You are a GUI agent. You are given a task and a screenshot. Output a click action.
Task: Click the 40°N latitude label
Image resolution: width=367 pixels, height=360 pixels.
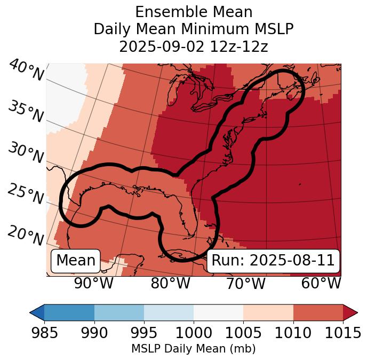click(26, 71)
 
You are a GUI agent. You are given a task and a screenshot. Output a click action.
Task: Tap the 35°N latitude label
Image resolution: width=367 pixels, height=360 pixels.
click(26, 112)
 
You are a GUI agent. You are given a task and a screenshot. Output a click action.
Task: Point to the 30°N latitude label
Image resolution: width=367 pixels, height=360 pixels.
click(26, 154)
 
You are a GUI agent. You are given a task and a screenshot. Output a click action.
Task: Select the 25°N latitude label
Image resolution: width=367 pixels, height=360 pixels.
click(26, 195)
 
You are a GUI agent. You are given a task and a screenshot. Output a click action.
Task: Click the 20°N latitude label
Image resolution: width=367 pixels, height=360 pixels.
click(26, 236)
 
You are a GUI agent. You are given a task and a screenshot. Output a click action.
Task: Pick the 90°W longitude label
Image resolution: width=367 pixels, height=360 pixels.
click(93, 283)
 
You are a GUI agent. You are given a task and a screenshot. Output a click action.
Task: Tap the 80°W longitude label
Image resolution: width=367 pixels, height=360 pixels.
click(171, 283)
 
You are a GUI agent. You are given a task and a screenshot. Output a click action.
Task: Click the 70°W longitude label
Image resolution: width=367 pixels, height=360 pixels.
click(245, 283)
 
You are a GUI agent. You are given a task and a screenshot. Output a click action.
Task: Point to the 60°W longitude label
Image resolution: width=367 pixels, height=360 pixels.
click(321, 283)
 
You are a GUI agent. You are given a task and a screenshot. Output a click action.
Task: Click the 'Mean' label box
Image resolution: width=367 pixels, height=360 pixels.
click(76, 261)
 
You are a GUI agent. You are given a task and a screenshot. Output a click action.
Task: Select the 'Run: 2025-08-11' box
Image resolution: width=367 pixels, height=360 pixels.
click(273, 261)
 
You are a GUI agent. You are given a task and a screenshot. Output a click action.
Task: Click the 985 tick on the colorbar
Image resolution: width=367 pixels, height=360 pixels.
click(44, 333)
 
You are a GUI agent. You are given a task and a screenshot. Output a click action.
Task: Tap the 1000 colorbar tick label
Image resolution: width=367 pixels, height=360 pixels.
click(194, 333)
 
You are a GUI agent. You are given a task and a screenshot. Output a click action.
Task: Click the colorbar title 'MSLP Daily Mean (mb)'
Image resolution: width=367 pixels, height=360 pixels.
click(193, 349)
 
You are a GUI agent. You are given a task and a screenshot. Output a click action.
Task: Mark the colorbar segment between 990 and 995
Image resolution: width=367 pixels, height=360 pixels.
click(119, 312)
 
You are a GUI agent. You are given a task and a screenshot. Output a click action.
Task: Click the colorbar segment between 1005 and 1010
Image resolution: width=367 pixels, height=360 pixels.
click(268, 312)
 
